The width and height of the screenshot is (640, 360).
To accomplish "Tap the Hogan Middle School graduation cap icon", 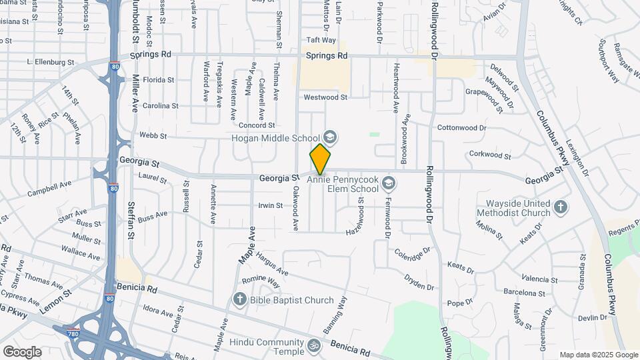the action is click(x=330, y=138).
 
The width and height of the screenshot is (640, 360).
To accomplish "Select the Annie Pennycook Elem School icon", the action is click(x=389, y=183).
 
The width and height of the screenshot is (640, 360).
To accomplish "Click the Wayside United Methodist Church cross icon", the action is click(x=561, y=207).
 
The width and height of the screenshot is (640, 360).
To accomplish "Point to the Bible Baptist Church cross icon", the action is click(x=240, y=300).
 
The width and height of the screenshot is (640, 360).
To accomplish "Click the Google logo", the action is click(x=22, y=351).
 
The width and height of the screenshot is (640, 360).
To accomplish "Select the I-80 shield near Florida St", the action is click(x=115, y=66).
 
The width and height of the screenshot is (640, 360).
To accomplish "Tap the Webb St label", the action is click(x=153, y=135).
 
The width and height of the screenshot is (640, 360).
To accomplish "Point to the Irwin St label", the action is click(x=271, y=206).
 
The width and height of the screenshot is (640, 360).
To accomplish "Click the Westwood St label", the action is click(x=325, y=97).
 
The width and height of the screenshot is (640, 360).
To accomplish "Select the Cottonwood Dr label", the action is click(x=462, y=127).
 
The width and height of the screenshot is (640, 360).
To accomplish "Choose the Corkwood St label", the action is click(x=490, y=155).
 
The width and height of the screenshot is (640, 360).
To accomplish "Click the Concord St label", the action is click(x=257, y=125).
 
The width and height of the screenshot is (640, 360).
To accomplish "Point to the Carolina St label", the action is click(x=161, y=105).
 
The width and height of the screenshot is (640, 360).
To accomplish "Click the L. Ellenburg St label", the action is click(x=50, y=62).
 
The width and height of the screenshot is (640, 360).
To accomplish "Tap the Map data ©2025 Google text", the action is click(x=599, y=355).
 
